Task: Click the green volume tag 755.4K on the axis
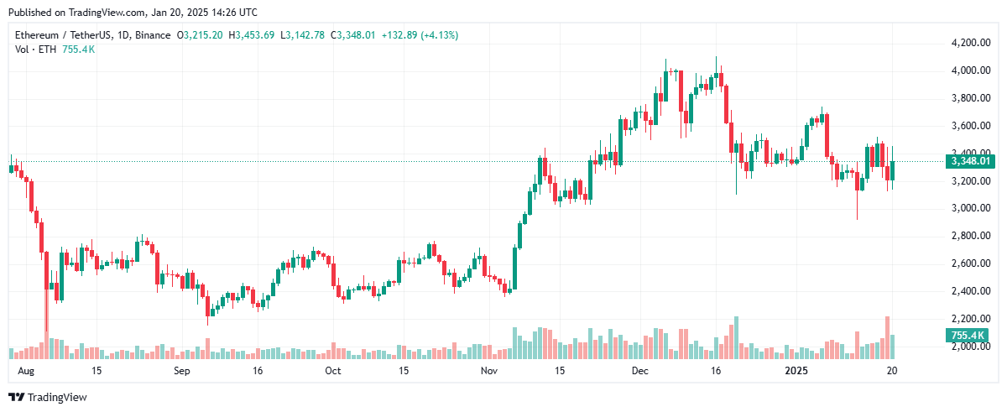click(x=968, y=336)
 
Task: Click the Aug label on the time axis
click(x=26, y=370)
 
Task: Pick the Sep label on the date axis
click(x=182, y=370)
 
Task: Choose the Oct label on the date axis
click(x=333, y=370)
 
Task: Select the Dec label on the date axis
click(x=640, y=370)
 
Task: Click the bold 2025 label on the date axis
click(x=796, y=370)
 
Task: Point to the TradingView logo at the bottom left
click(x=48, y=398)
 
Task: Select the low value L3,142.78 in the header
click(x=305, y=35)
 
